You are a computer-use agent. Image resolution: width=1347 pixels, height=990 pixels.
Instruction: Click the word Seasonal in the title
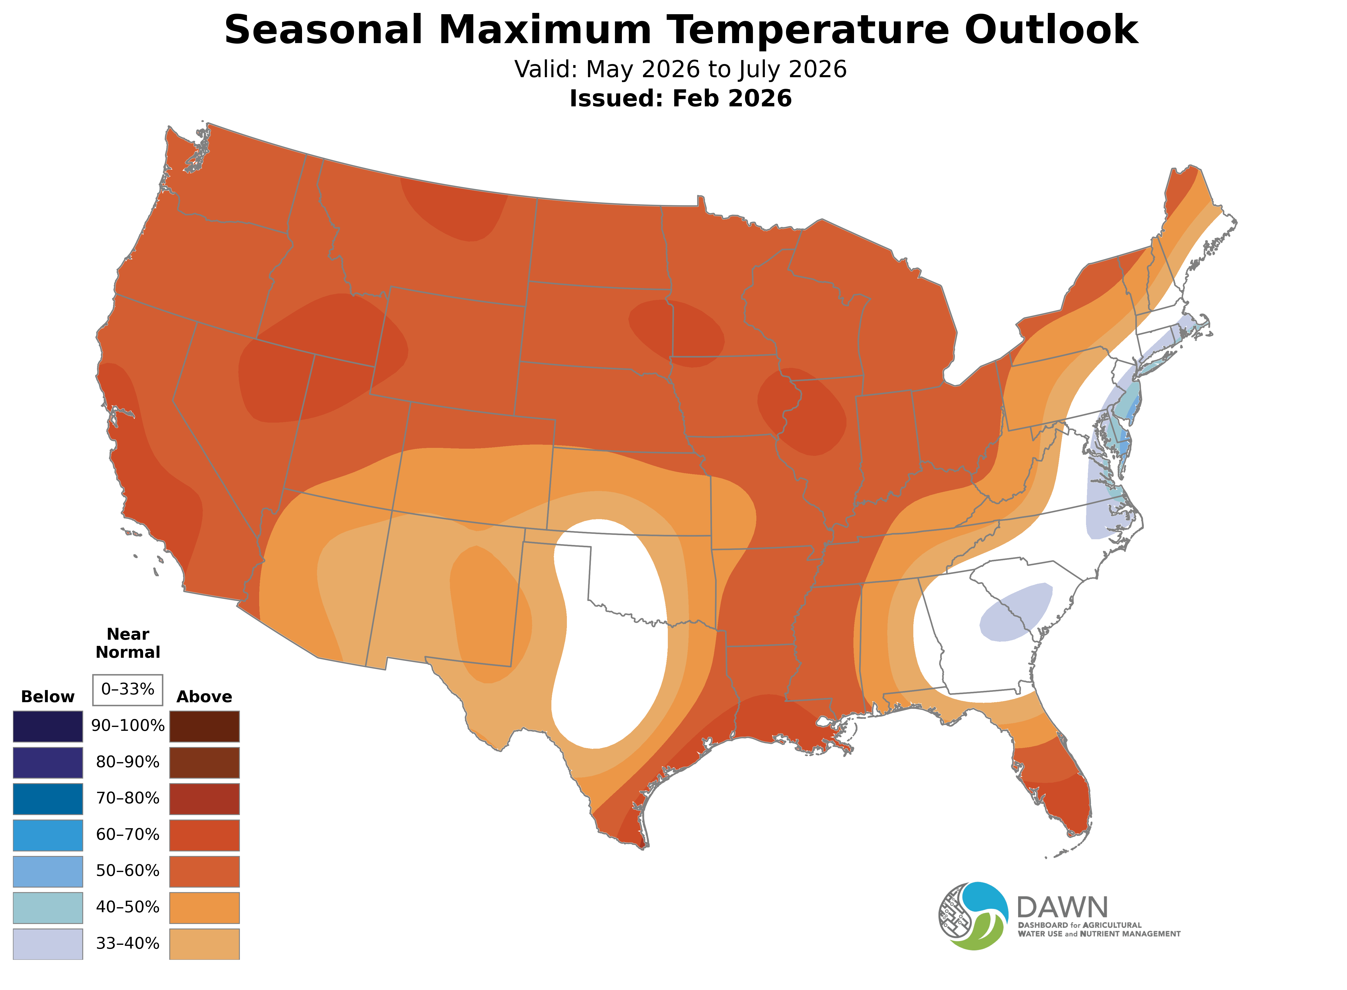323,30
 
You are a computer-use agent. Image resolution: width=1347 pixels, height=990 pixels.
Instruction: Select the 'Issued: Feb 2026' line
680,98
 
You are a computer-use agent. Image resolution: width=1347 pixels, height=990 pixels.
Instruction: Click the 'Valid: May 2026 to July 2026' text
680,69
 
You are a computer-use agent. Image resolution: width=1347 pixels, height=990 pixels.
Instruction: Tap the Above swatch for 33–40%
204,943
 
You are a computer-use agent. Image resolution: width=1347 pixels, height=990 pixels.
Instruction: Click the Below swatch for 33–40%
48,943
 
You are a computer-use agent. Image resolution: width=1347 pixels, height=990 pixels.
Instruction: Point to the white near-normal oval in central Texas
611,635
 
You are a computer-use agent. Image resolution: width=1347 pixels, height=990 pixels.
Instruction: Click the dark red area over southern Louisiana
779,719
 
